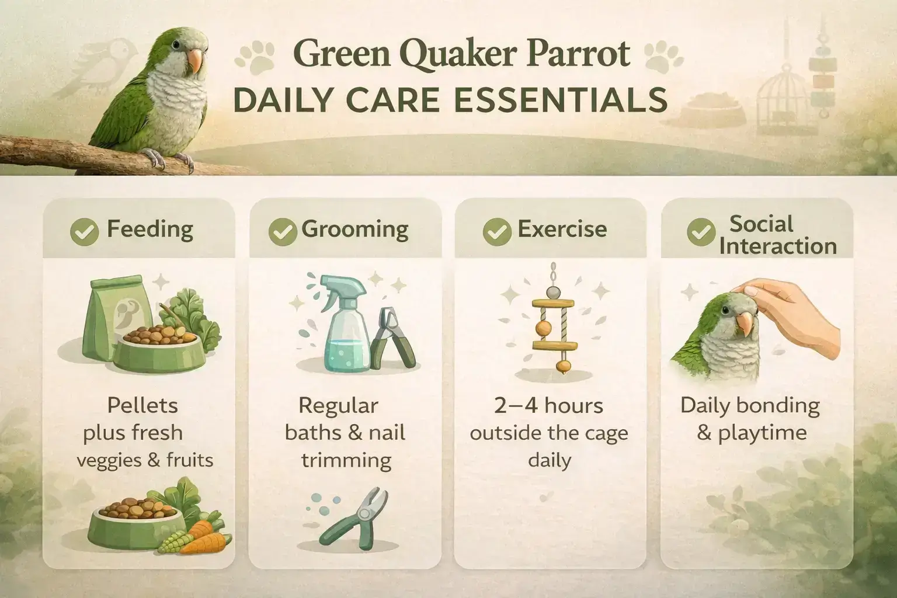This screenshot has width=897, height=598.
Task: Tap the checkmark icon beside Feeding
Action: tap(84, 232)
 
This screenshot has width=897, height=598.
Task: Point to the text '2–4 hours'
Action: tap(548, 406)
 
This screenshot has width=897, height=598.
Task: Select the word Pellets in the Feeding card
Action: tap(143, 405)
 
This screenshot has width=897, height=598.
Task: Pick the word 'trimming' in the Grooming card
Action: tap(346, 461)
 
